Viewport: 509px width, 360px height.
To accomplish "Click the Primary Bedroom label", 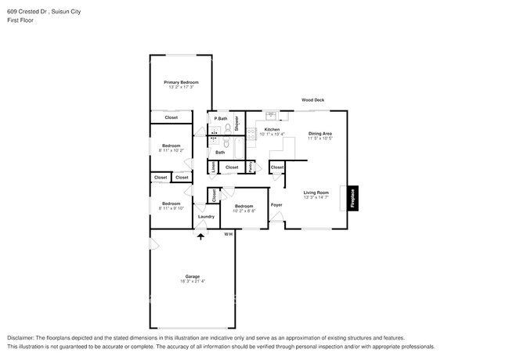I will click(181, 82).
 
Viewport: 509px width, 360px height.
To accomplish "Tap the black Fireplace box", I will click(353, 199).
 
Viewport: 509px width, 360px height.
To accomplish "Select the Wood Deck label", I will click(313, 100).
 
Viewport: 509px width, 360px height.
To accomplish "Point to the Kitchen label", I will click(272, 129).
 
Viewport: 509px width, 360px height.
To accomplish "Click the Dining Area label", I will click(319, 134).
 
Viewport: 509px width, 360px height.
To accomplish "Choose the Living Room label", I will click(316, 192).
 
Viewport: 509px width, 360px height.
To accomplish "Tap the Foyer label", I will click(276, 205).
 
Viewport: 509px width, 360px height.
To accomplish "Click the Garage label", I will click(192, 276).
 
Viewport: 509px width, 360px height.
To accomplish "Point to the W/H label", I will click(228, 234).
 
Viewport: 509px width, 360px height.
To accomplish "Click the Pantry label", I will click(250, 167).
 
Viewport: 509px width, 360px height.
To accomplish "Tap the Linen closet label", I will click(214, 167).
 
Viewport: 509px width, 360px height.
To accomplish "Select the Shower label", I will click(236, 122).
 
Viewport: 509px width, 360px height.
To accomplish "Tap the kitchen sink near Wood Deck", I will click(270, 113).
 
